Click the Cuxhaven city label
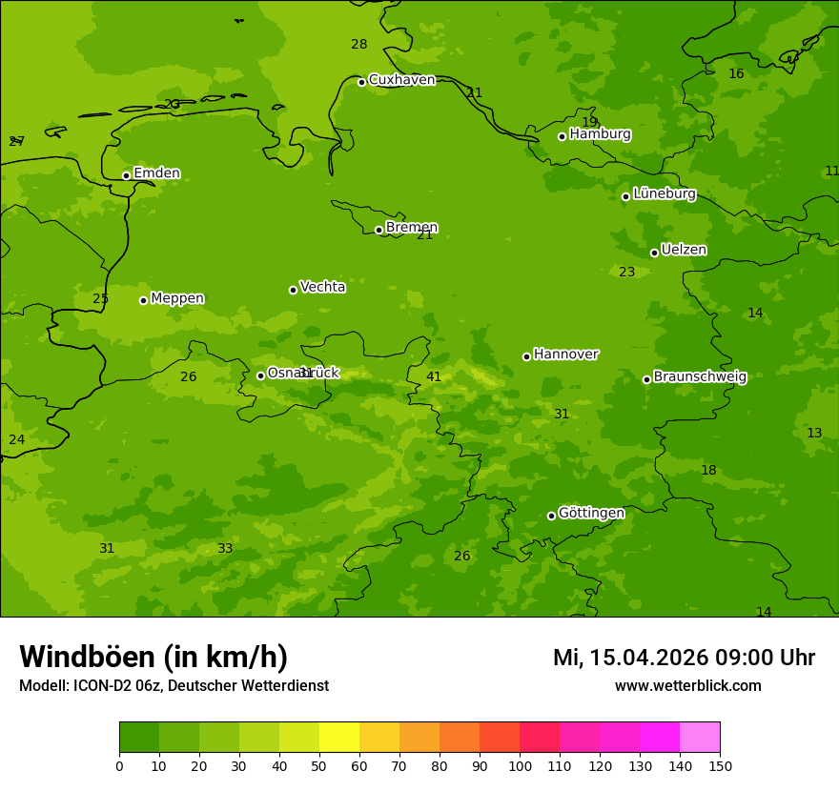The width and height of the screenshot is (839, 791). pyautogui.click(x=401, y=80)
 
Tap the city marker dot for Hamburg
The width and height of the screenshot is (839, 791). pyautogui.click(x=562, y=136)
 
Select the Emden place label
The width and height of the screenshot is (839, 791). pyautogui.click(x=156, y=173)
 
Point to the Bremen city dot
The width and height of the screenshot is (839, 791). pyautogui.click(x=379, y=230)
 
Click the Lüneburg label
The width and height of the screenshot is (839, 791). pyautogui.click(x=664, y=193)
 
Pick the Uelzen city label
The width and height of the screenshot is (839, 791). pyautogui.click(x=684, y=250)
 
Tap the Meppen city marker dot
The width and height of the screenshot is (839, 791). pyautogui.click(x=143, y=300)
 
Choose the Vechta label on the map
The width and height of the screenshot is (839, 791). pyautogui.click(x=322, y=287)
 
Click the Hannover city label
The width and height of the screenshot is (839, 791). pyautogui.click(x=565, y=355)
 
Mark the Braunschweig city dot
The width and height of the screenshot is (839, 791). pyautogui.click(x=646, y=379)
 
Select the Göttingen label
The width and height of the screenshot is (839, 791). pyautogui.click(x=591, y=513)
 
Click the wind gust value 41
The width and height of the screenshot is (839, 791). pyautogui.click(x=434, y=377)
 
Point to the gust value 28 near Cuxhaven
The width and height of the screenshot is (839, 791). pyautogui.click(x=358, y=45)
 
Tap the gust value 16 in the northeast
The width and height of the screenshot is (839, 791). pyautogui.click(x=736, y=74)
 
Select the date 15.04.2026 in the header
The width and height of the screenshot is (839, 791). pyautogui.click(x=648, y=658)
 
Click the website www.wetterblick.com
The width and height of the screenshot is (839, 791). pyautogui.click(x=687, y=686)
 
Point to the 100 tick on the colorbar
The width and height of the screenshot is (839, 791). pyautogui.click(x=520, y=765)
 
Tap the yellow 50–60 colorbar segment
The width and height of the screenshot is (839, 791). pyautogui.click(x=339, y=738)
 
